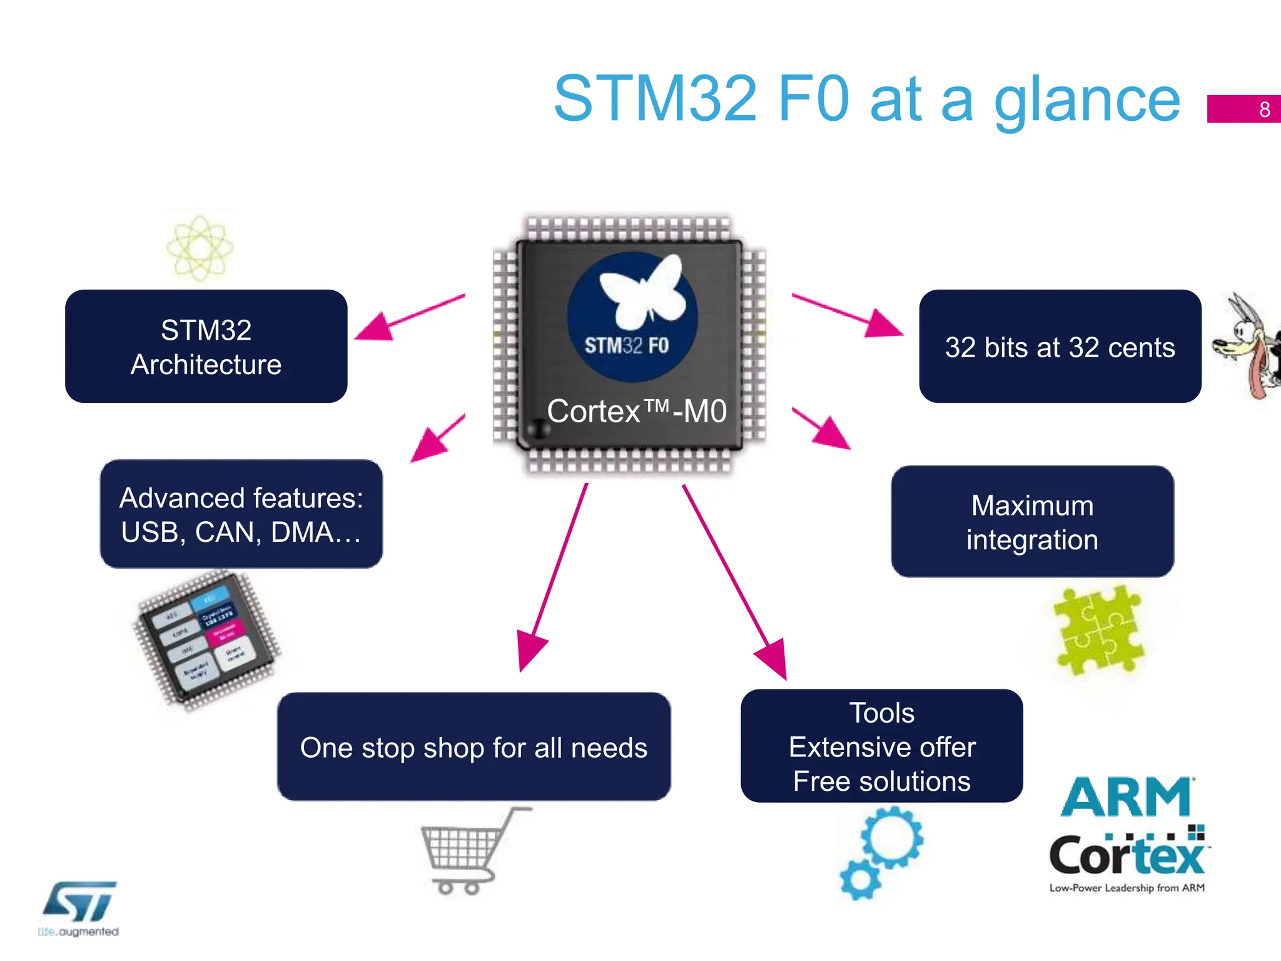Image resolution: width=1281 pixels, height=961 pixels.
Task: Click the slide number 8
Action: [x=1264, y=109]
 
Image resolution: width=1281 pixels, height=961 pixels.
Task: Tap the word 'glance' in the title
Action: [x=1086, y=100]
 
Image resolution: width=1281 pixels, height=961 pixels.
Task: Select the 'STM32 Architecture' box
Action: [x=206, y=347]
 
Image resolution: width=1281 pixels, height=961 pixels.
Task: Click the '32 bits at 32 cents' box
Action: [x=1060, y=347]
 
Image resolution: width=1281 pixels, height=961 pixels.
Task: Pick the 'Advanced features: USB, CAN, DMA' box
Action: [x=241, y=514]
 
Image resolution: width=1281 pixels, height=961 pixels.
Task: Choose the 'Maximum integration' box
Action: [x=1032, y=522]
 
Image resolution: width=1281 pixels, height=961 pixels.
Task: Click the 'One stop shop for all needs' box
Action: [x=473, y=747]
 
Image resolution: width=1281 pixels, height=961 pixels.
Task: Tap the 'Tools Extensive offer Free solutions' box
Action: [x=881, y=746]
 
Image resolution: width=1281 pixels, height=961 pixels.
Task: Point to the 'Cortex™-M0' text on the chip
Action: [x=636, y=412]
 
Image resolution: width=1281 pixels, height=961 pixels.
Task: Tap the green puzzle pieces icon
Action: [x=1098, y=631]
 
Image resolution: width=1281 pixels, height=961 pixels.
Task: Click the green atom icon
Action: [x=200, y=248]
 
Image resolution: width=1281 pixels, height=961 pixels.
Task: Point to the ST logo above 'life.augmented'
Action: [x=80, y=902]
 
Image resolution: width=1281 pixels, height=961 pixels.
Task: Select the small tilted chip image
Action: [x=206, y=641]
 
